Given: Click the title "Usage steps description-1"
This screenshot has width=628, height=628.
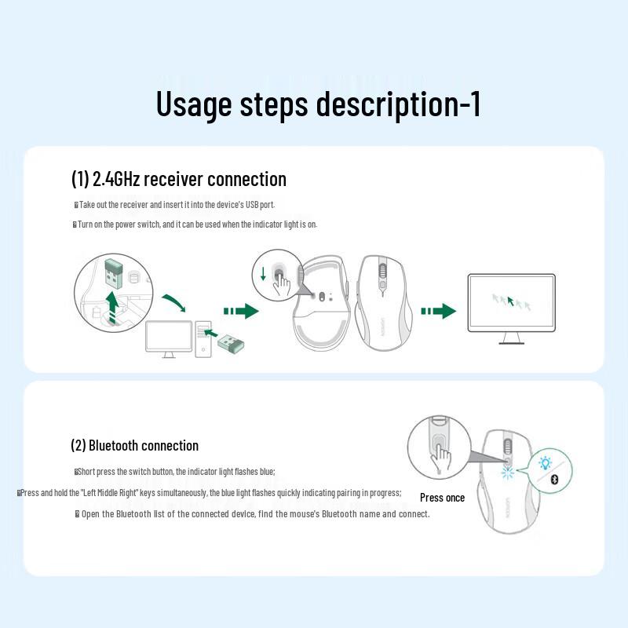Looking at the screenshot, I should click(x=318, y=104).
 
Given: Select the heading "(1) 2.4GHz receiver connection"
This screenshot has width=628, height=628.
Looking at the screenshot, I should click(x=179, y=179).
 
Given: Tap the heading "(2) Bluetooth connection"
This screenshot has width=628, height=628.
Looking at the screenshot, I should click(x=134, y=445).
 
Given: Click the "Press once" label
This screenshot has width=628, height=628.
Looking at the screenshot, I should click(x=442, y=498).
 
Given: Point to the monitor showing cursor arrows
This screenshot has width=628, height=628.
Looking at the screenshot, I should click(x=511, y=301).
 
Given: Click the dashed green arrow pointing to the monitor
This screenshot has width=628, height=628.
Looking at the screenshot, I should click(x=437, y=312).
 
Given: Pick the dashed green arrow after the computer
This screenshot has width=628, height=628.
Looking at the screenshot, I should click(x=240, y=312).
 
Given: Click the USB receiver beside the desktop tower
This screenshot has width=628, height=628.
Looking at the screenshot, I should click(x=229, y=343).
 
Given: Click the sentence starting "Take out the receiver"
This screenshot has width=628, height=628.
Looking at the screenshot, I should click(x=174, y=205).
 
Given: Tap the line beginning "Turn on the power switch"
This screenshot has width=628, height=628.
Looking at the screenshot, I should click(x=195, y=225).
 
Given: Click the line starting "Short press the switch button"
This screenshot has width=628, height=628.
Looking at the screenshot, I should click(x=175, y=472).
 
